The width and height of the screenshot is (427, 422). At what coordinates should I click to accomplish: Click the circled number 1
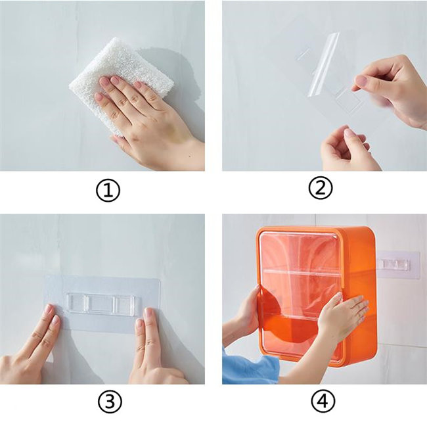click(x=108, y=191)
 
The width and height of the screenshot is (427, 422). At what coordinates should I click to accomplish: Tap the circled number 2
click(x=321, y=188)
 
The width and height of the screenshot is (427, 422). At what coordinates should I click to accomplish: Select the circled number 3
click(x=110, y=402)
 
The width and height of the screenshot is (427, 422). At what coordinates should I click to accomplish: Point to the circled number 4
click(x=323, y=401)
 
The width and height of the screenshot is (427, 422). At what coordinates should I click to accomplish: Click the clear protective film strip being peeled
click(x=324, y=64)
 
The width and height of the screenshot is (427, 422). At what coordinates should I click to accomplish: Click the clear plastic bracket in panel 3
click(x=104, y=306)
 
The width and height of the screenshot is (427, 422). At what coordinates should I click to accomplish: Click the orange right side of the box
click(x=361, y=294)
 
